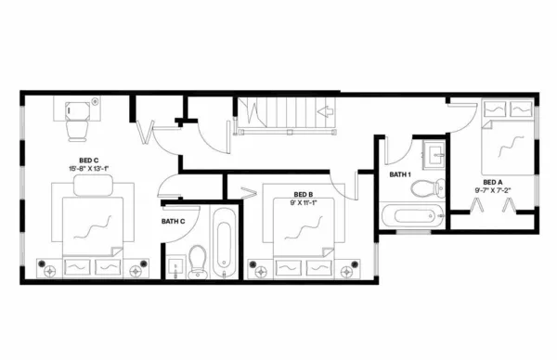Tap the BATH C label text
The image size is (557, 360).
coord(174,221)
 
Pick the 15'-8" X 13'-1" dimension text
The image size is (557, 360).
coord(89,169)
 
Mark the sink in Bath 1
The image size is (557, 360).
coord(433,154)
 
